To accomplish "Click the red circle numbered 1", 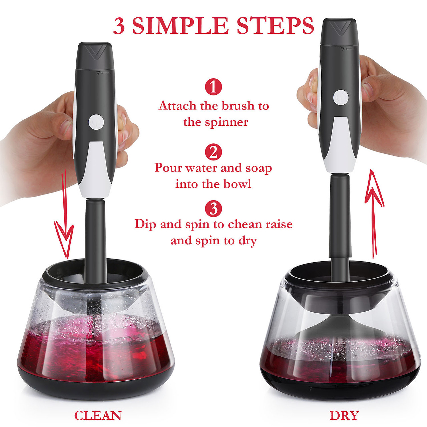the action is pos(213,87).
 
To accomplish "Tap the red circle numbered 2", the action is pos(213,152).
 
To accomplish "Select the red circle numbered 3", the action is pos(213,208).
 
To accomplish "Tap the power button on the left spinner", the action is pos(96,122).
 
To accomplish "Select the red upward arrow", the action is pos(374,214).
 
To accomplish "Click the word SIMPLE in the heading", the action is pos(180,26).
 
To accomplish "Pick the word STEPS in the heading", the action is pos(275,26).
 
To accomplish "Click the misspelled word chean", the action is pos(245,224).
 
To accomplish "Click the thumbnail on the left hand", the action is pos(66,128).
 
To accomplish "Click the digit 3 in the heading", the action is pos(119,26).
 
